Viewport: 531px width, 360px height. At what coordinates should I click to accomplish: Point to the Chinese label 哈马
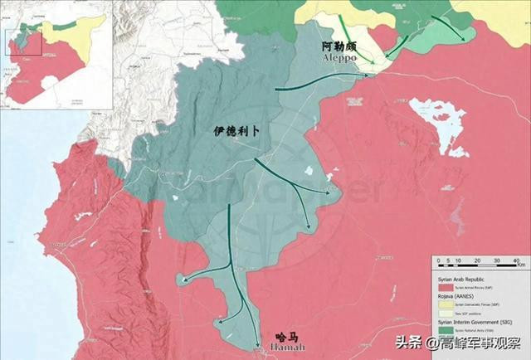pyautogui.click(x=285, y=338)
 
